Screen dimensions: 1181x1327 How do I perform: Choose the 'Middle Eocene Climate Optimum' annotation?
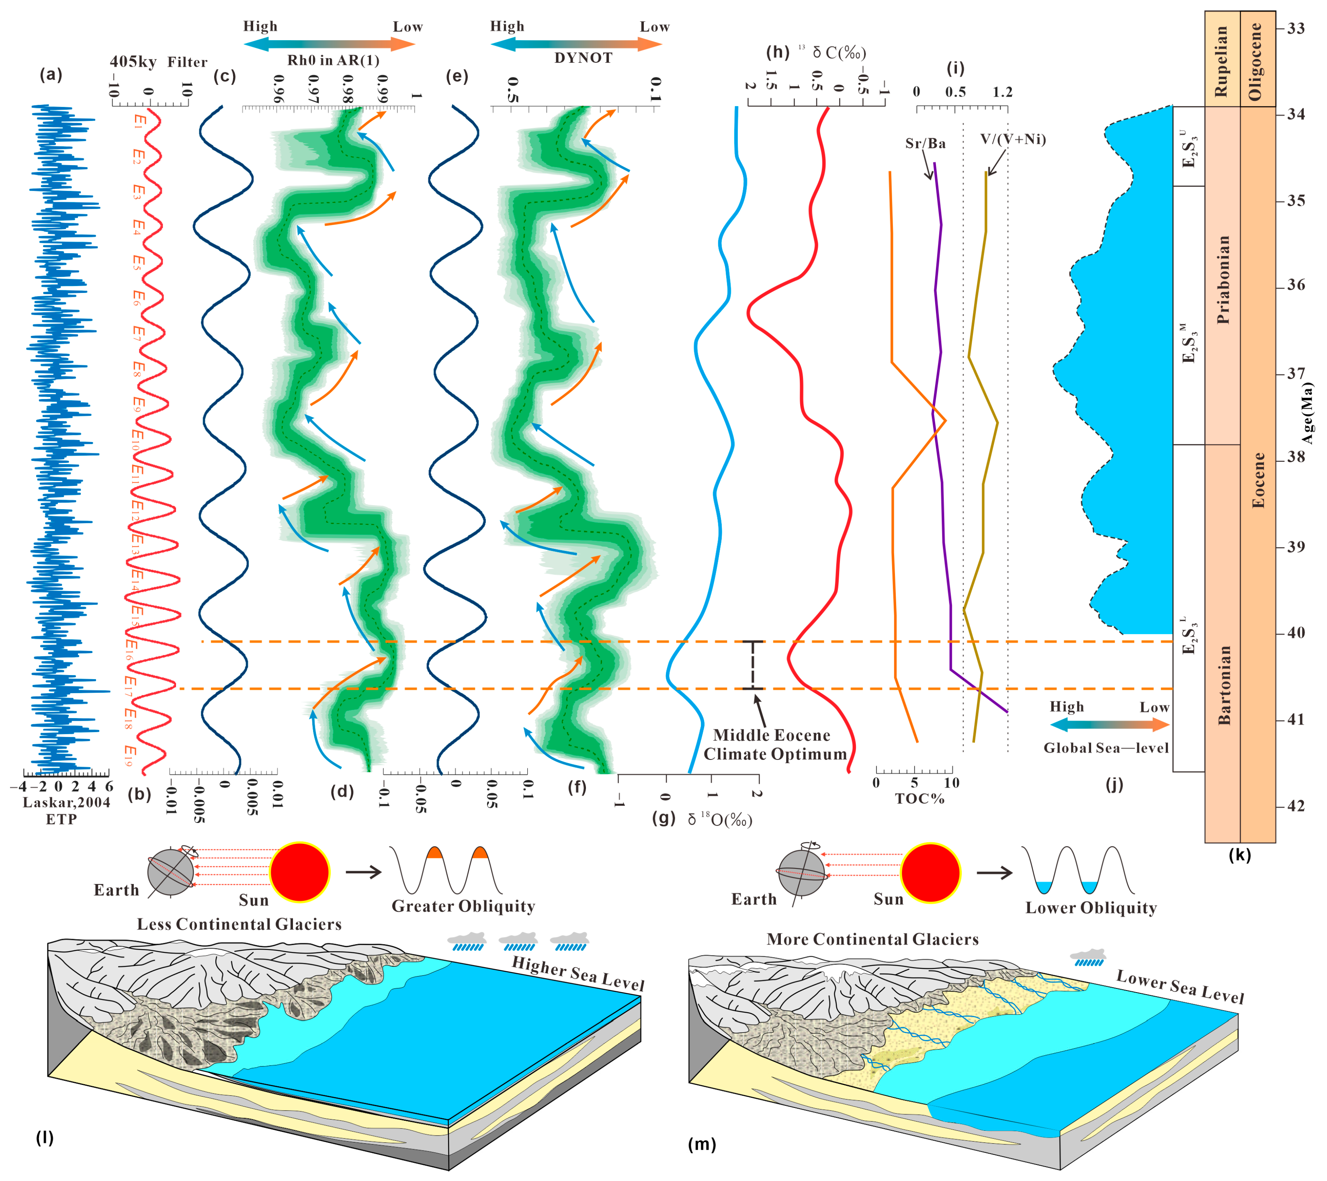pyautogui.click(x=774, y=745)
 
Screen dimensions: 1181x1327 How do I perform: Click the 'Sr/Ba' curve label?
pyautogui.click(x=925, y=143)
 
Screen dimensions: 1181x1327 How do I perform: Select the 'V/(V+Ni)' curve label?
pyautogui.click(x=1013, y=139)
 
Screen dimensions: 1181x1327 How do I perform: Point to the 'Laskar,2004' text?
pyautogui.click(x=66, y=802)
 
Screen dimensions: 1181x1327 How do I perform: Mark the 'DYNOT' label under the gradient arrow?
pyautogui.click(x=583, y=58)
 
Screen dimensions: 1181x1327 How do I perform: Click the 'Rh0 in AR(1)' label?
pyautogui.click(x=333, y=60)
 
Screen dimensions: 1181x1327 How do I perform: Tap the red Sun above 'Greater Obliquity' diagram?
pyautogui.click(x=300, y=872)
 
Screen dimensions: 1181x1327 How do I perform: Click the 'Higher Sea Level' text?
pyautogui.click(x=578, y=974)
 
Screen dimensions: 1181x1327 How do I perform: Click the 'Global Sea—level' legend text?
pyautogui.click(x=1106, y=748)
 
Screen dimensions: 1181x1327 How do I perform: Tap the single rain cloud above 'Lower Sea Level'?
pyautogui.click(x=1087, y=957)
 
